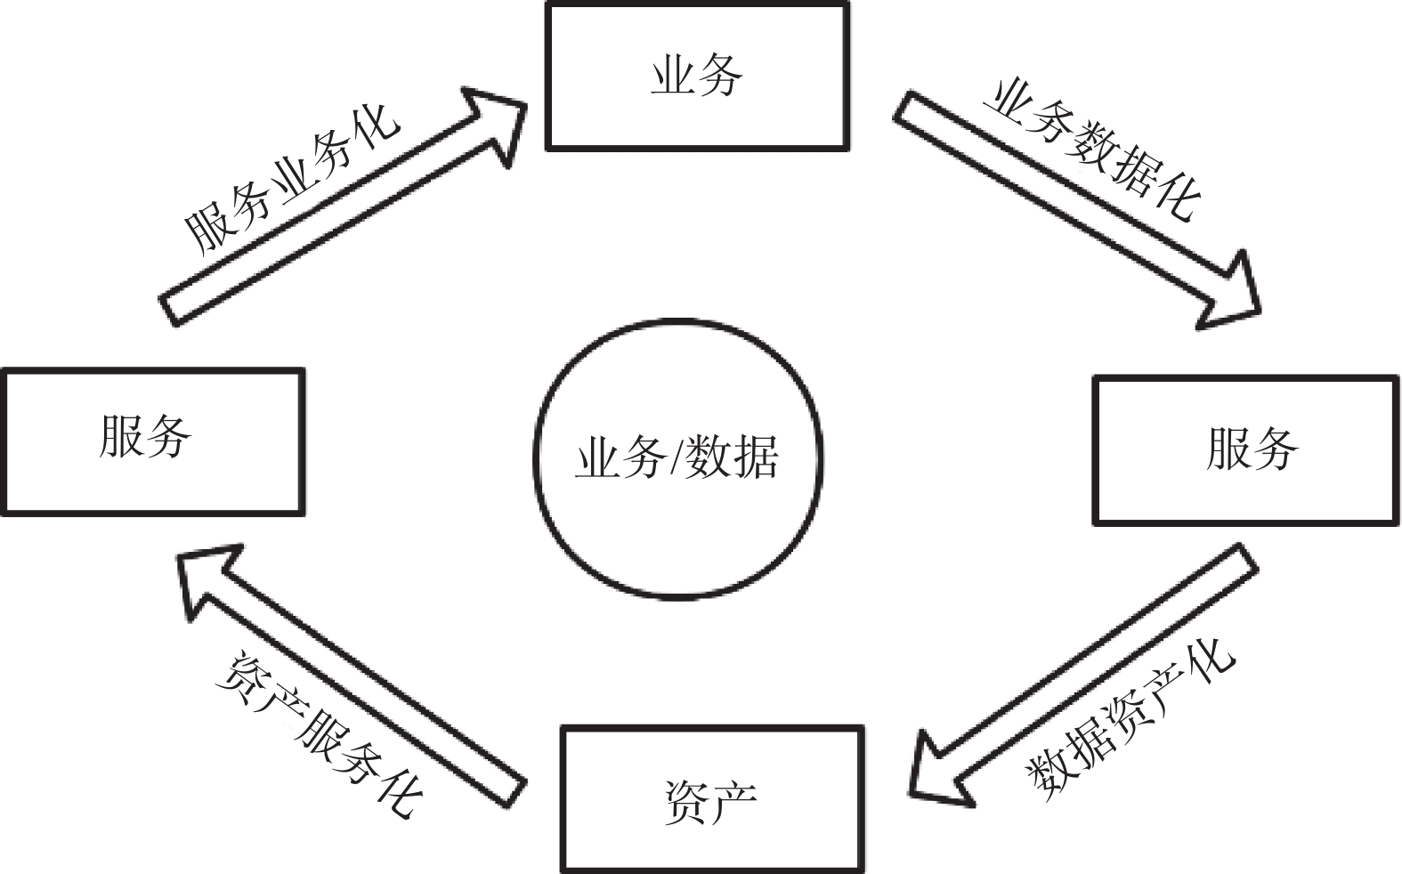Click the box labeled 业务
tap(697, 77)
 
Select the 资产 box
tap(711, 799)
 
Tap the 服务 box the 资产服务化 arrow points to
tap(153, 441)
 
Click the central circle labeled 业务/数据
tap(678, 458)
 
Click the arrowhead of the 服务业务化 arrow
tap(494, 120)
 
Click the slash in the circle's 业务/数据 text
tap(677, 458)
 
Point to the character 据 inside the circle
tap(756, 458)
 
